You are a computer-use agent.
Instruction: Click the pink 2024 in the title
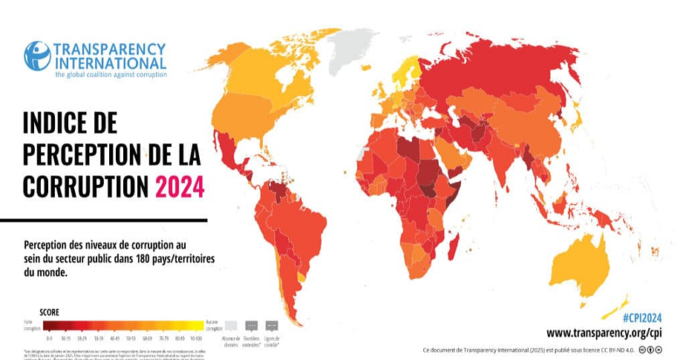pyautogui.click(x=179, y=187)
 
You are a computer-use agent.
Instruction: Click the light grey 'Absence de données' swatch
pyautogui.click(x=231, y=324)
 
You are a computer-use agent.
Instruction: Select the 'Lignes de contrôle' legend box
pyautogui.click(x=272, y=325)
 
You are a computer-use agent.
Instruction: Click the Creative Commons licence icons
pyautogui.click(x=661, y=349)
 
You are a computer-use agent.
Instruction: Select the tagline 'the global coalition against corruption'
pyautogui.click(x=111, y=74)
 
